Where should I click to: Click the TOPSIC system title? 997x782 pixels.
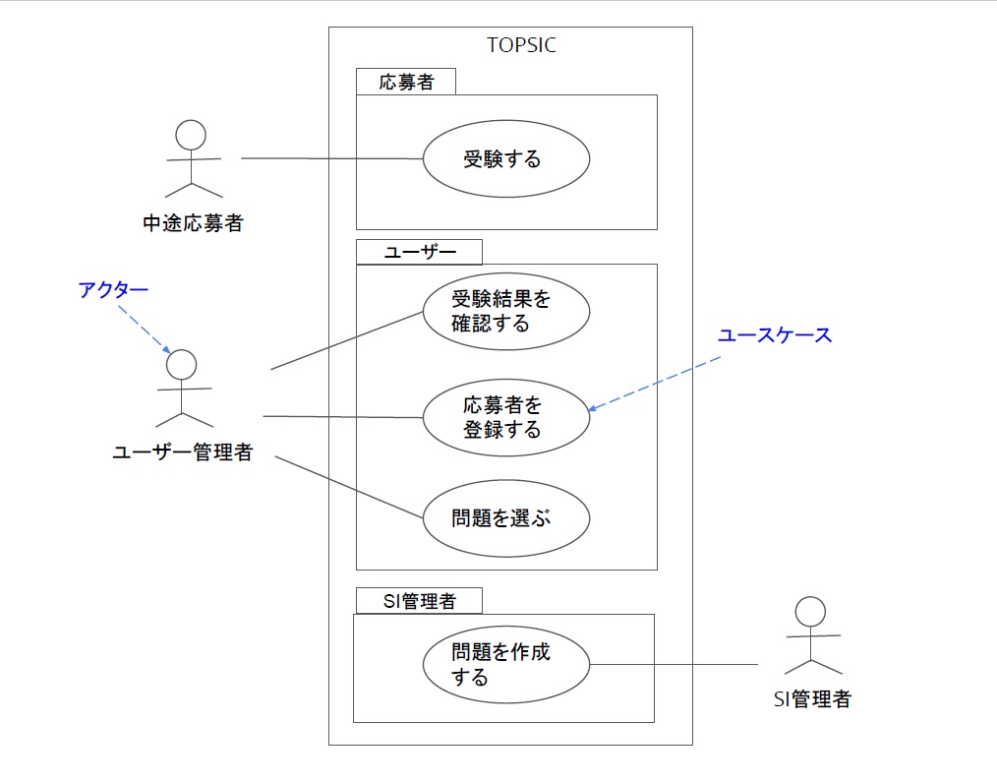[521, 45]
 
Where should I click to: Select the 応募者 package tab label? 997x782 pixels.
[406, 82]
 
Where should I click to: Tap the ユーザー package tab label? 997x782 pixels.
[420, 252]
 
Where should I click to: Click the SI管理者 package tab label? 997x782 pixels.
[420, 601]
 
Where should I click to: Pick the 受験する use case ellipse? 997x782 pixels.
[506, 159]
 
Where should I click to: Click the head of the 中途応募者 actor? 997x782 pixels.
[191, 136]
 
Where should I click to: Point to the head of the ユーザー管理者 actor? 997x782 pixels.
[181, 365]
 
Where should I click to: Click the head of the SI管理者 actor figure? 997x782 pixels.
[810, 612]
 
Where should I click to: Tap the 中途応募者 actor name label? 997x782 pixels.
[194, 223]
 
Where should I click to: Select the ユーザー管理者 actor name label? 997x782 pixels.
[183, 452]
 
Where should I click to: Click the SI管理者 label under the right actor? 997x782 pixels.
[812, 699]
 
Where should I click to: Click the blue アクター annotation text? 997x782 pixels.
[113, 290]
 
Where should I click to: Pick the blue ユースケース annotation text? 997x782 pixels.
[775, 335]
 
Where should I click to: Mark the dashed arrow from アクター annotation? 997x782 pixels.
[145, 329]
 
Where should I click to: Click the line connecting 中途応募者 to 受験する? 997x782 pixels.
[332, 158]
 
